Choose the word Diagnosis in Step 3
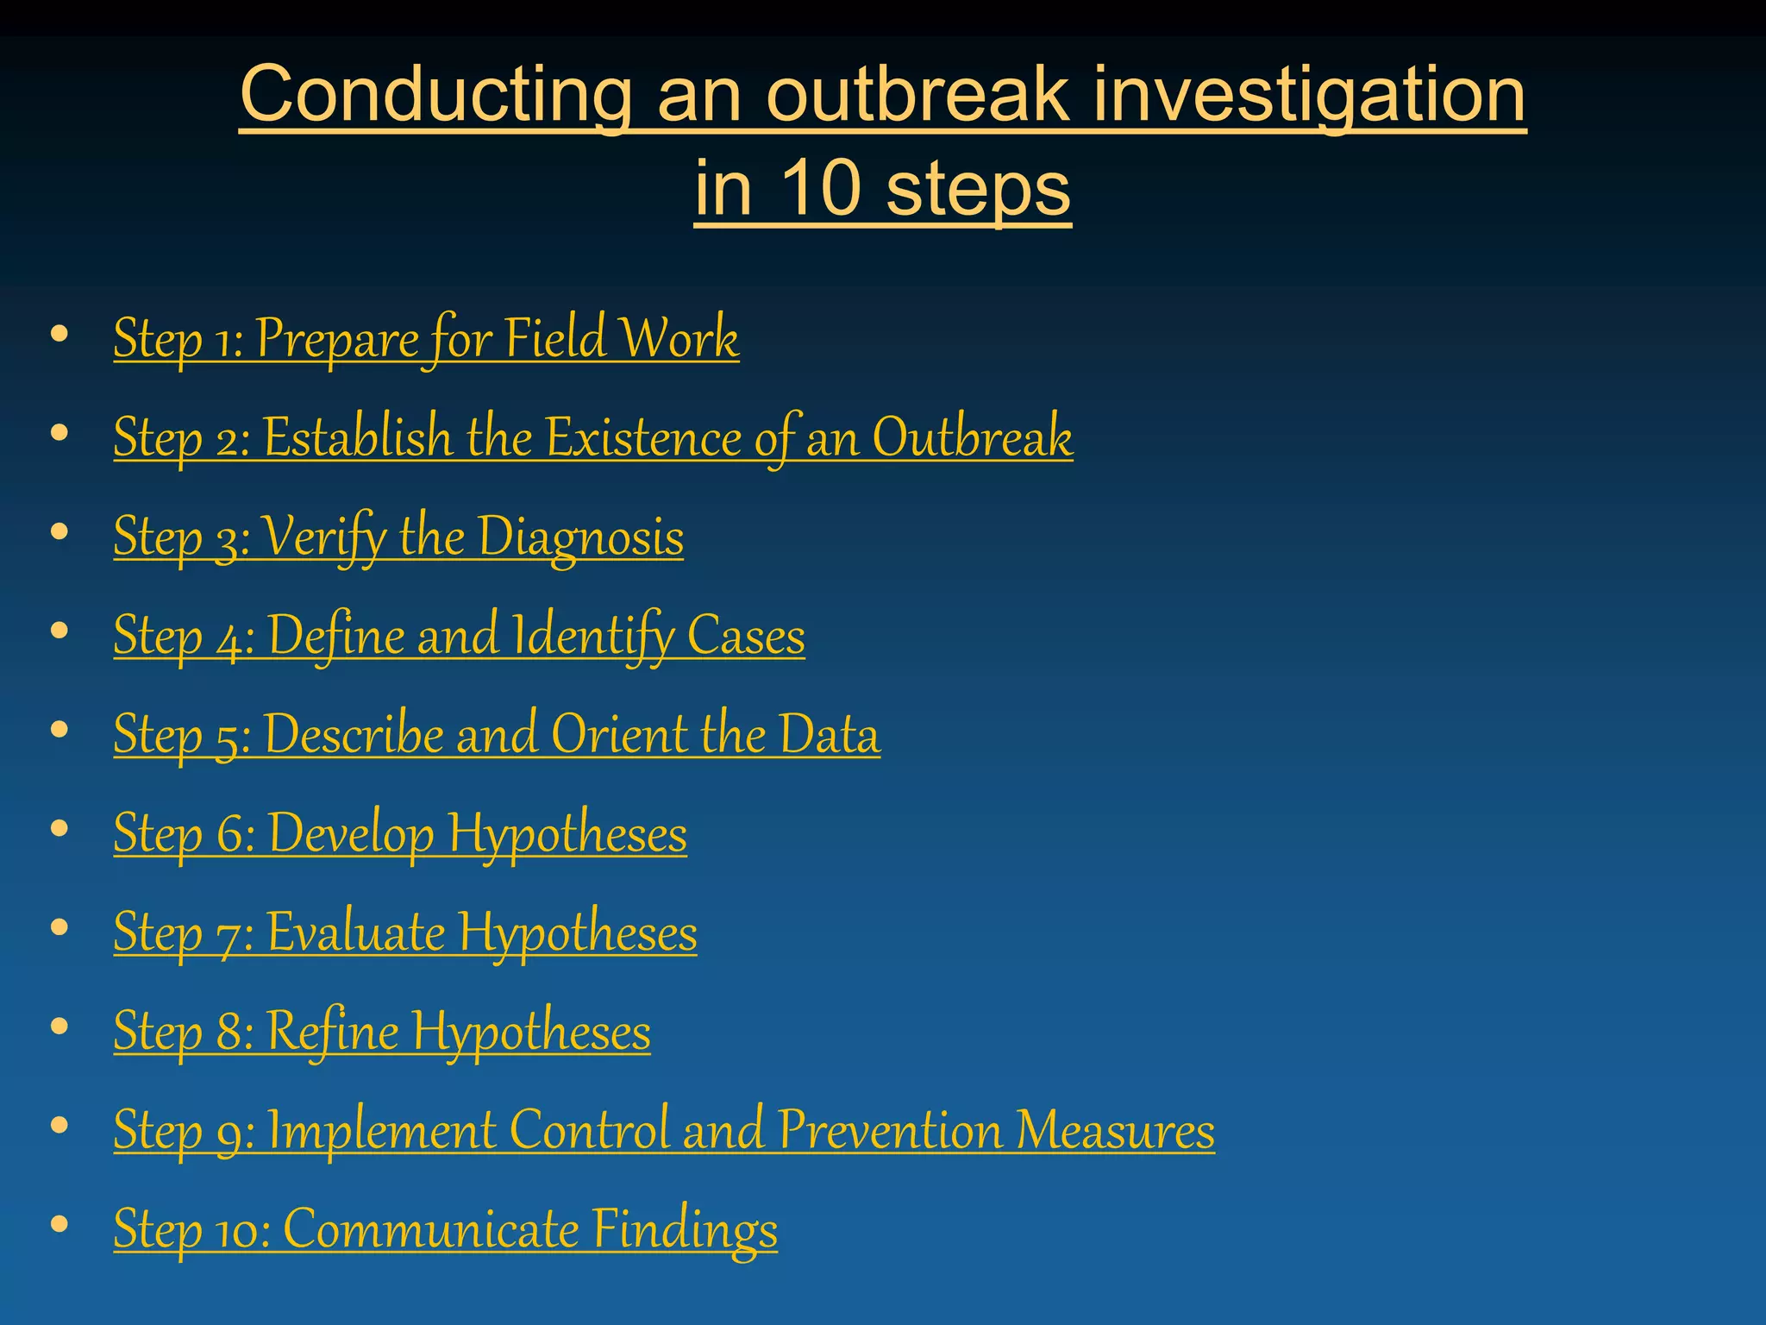580,537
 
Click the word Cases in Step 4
746,636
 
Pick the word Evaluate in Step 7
355,933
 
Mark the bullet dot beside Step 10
59,1224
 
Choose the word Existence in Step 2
643,437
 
